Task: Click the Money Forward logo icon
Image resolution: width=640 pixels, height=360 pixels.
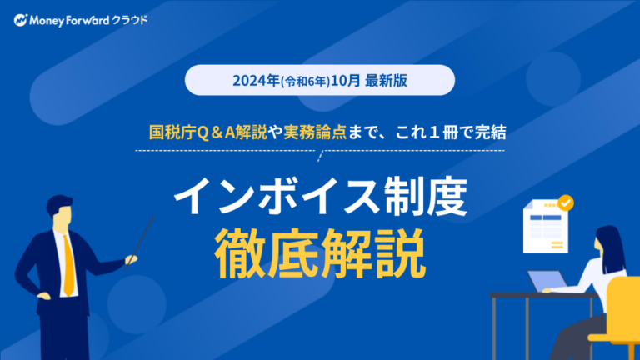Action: click(20, 20)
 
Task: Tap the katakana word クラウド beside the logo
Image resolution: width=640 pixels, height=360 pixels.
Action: click(130, 20)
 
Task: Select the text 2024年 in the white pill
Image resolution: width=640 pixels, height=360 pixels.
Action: click(257, 80)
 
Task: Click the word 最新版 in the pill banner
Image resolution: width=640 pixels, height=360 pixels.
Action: click(386, 80)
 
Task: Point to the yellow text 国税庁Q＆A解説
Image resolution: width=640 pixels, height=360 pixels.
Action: click(207, 132)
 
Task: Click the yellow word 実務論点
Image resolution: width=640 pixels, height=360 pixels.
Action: click(315, 132)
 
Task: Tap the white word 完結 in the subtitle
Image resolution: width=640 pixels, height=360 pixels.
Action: click(491, 132)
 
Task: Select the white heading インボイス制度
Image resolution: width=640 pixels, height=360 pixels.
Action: click(321, 196)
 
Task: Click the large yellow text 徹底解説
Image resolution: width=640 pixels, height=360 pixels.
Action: click(320, 253)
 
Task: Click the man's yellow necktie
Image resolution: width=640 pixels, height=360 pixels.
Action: click(68, 265)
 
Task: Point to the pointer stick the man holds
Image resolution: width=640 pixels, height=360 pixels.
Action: click(139, 243)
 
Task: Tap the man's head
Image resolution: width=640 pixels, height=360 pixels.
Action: click(60, 212)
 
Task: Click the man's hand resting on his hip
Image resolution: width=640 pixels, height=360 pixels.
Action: click(43, 295)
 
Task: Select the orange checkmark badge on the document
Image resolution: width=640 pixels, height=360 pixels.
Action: click(566, 202)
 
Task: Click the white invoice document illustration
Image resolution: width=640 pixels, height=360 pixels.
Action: click(546, 227)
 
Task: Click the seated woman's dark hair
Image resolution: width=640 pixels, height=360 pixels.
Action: click(611, 248)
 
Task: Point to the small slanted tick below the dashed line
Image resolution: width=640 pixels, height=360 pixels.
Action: click(320, 156)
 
